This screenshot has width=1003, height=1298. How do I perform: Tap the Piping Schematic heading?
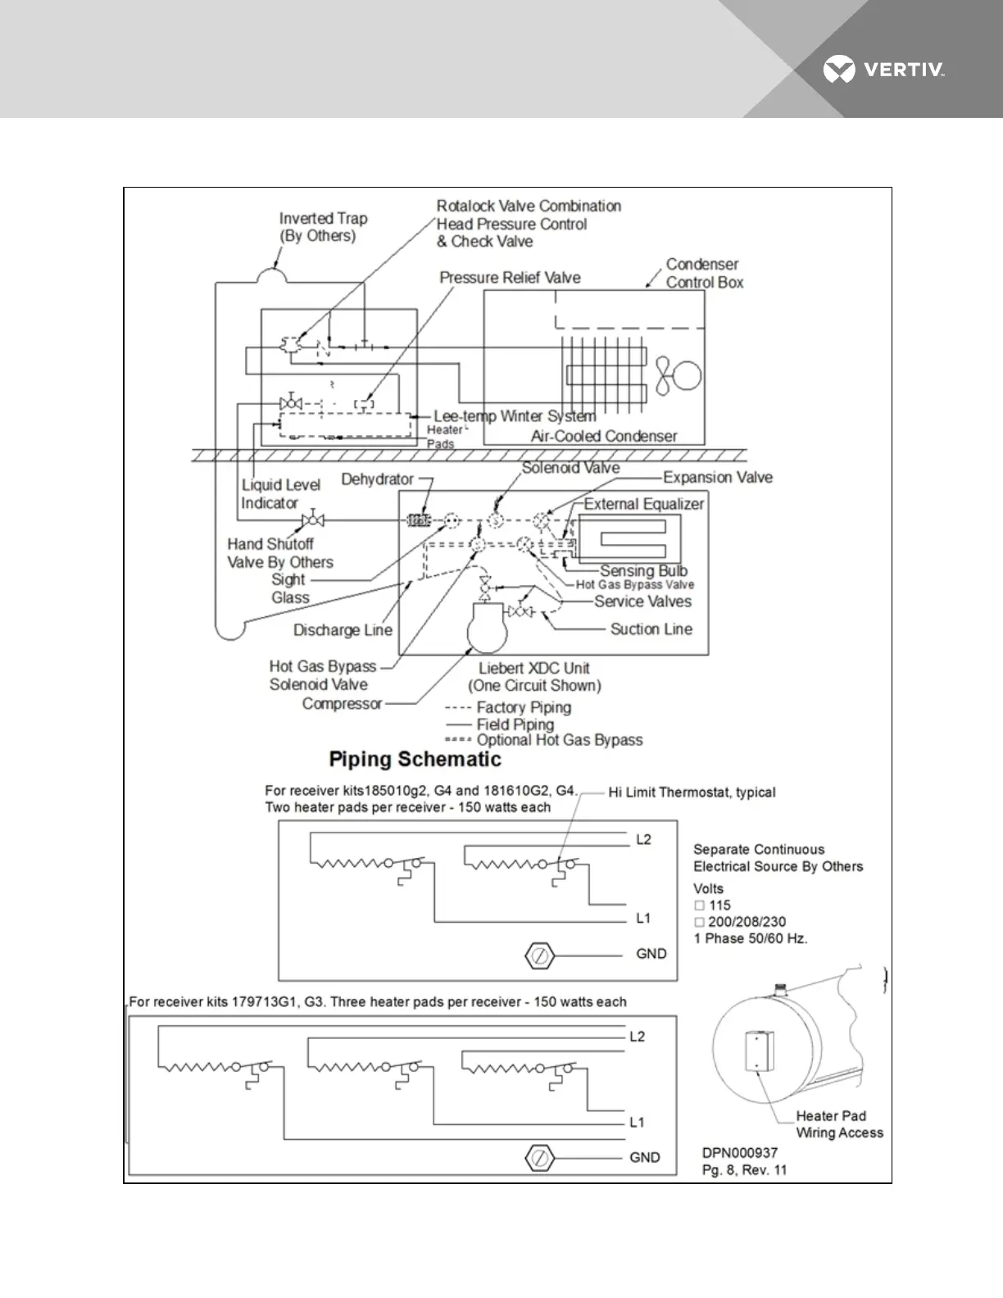(x=415, y=759)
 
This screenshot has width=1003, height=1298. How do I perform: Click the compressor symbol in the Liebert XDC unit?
(x=488, y=628)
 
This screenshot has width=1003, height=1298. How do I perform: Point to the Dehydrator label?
(x=377, y=479)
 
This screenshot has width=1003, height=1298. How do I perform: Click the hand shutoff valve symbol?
(x=312, y=520)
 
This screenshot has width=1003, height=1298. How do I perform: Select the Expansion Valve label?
(x=717, y=477)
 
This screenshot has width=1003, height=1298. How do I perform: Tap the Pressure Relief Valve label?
(x=510, y=278)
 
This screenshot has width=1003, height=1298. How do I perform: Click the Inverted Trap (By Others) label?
(x=323, y=227)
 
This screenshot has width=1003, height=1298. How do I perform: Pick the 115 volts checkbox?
(x=700, y=905)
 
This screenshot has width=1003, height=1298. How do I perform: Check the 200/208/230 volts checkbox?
(x=700, y=922)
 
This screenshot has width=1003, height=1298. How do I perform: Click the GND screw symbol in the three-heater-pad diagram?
(x=539, y=1158)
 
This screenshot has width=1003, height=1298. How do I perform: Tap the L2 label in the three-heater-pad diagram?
(x=637, y=1037)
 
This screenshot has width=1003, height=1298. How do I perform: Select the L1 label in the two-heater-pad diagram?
(x=643, y=919)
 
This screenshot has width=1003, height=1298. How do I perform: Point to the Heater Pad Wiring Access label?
(x=839, y=1124)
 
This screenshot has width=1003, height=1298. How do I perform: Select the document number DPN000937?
(x=740, y=1153)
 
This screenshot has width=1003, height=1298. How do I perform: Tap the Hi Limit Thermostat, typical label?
(x=692, y=792)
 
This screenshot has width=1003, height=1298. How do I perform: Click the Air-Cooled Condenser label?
(x=604, y=436)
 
